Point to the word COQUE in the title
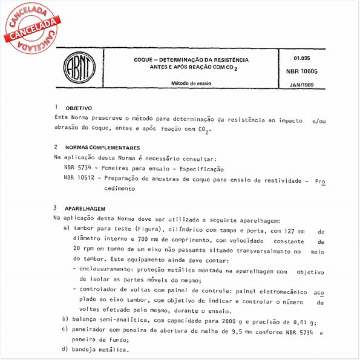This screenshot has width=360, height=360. point(146,61)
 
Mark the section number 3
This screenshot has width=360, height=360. point(56,208)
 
